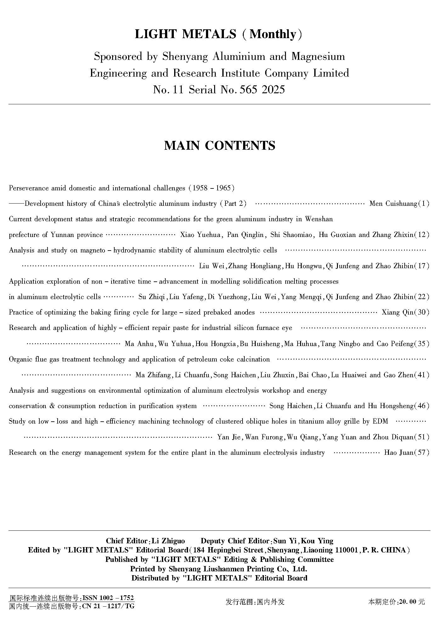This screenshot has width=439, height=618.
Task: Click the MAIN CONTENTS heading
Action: pyautogui.click(x=219, y=146)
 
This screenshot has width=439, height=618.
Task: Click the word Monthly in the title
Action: pyautogui.click(x=273, y=34)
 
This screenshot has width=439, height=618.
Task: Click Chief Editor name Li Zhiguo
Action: pyautogui.click(x=168, y=541)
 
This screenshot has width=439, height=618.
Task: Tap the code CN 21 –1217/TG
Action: pyautogui.click(x=108, y=606)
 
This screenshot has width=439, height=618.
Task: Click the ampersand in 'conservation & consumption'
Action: pyautogui.click(x=52, y=406)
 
